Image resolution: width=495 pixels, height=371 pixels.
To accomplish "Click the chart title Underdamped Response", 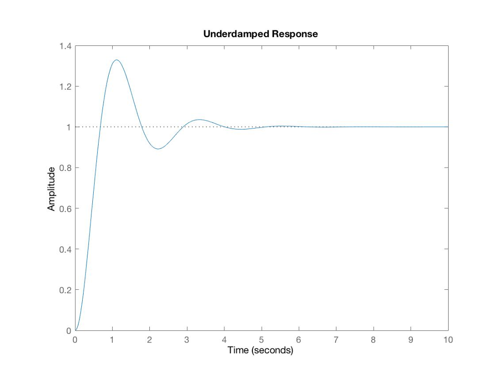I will coord(261,34).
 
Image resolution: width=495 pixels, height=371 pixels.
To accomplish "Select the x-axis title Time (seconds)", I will coord(261,350).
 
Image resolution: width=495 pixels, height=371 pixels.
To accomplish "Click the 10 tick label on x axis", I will coord(448,340).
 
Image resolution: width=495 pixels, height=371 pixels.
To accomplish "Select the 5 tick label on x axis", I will coord(262,340).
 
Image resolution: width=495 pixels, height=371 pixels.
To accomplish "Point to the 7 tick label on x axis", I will coord(336,340).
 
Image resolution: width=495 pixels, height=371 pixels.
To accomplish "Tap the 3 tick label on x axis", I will coord(187,340).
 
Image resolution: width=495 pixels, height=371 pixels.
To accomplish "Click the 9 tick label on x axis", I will coord(411,340).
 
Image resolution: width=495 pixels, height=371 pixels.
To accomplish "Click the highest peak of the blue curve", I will coord(116,60).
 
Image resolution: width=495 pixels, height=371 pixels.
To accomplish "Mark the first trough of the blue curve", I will coord(158,149).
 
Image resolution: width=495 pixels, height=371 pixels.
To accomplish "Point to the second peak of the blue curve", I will coord(199,119).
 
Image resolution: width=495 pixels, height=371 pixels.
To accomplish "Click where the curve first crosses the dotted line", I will coord(100,127).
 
